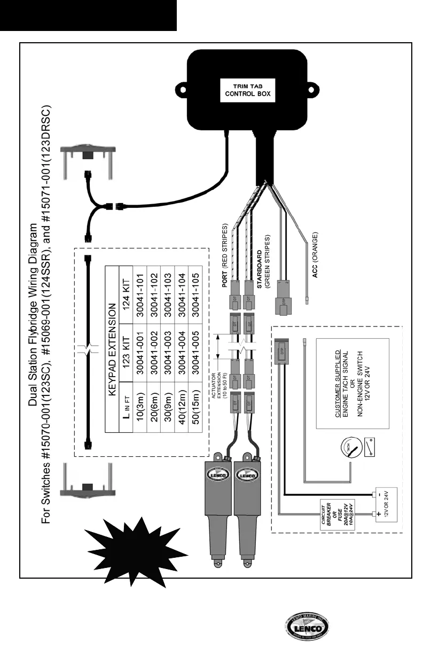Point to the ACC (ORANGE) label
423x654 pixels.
click(315, 254)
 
